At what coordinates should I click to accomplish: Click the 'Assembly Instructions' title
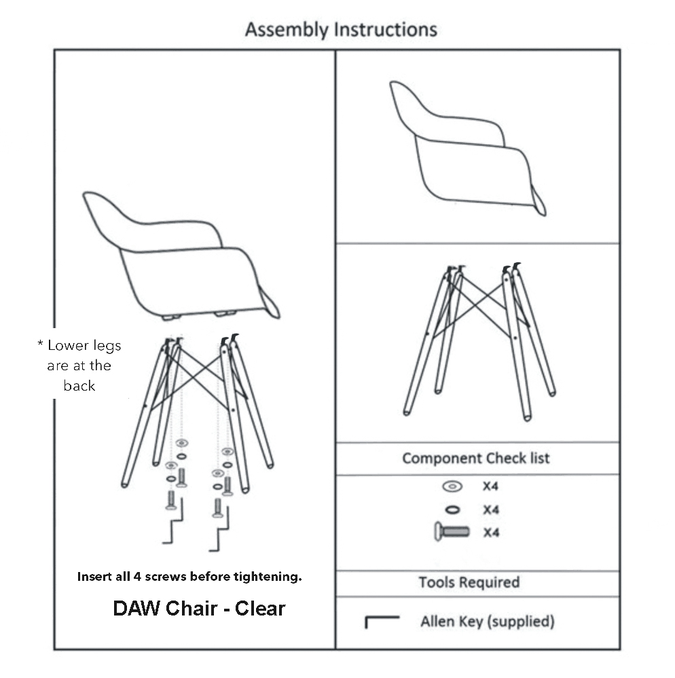tap(341, 30)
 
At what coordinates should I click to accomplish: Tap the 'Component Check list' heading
tap(476, 458)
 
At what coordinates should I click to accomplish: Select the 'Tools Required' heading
tap(469, 582)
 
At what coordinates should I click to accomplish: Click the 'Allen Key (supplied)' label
tap(487, 621)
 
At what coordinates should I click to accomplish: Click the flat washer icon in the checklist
tap(452, 486)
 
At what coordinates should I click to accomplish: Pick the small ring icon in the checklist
tap(452, 510)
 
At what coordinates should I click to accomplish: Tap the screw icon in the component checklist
tap(452, 532)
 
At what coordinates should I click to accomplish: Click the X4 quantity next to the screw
tap(491, 533)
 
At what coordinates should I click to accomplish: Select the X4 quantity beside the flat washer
tap(491, 486)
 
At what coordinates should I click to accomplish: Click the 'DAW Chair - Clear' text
tap(199, 608)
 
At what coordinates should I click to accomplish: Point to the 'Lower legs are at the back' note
tap(79, 365)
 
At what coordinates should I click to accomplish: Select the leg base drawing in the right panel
tap(479, 340)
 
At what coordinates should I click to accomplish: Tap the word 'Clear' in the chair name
tap(260, 608)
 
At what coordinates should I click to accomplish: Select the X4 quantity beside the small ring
tap(491, 510)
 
